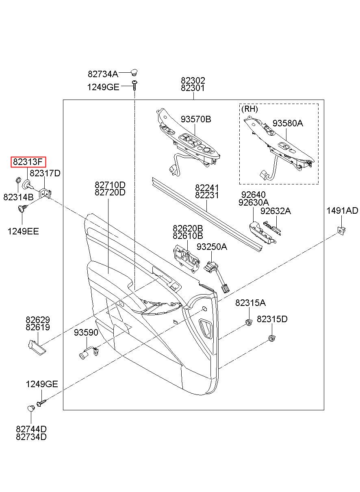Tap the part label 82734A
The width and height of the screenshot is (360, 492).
tap(103, 74)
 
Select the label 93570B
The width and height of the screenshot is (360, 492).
tap(196, 119)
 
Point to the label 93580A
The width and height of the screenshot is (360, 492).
tap(288, 123)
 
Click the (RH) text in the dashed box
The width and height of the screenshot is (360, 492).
tap(249, 109)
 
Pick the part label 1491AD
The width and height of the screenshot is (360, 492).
tap(343, 210)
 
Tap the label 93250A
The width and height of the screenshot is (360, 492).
tap(212, 247)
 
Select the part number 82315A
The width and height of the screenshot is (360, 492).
tap(250, 303)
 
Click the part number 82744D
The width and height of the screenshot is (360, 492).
tap(31, 429)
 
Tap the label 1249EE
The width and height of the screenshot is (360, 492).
tap(23, 231)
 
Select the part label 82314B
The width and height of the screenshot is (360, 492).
tap(18, 197)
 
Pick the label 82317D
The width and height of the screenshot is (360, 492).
tap(45, 173)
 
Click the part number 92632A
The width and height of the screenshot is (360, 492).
tap(275, 211)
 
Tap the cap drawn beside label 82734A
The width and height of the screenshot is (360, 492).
tap(134, 72)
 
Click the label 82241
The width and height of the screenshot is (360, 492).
tap(207, 188)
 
